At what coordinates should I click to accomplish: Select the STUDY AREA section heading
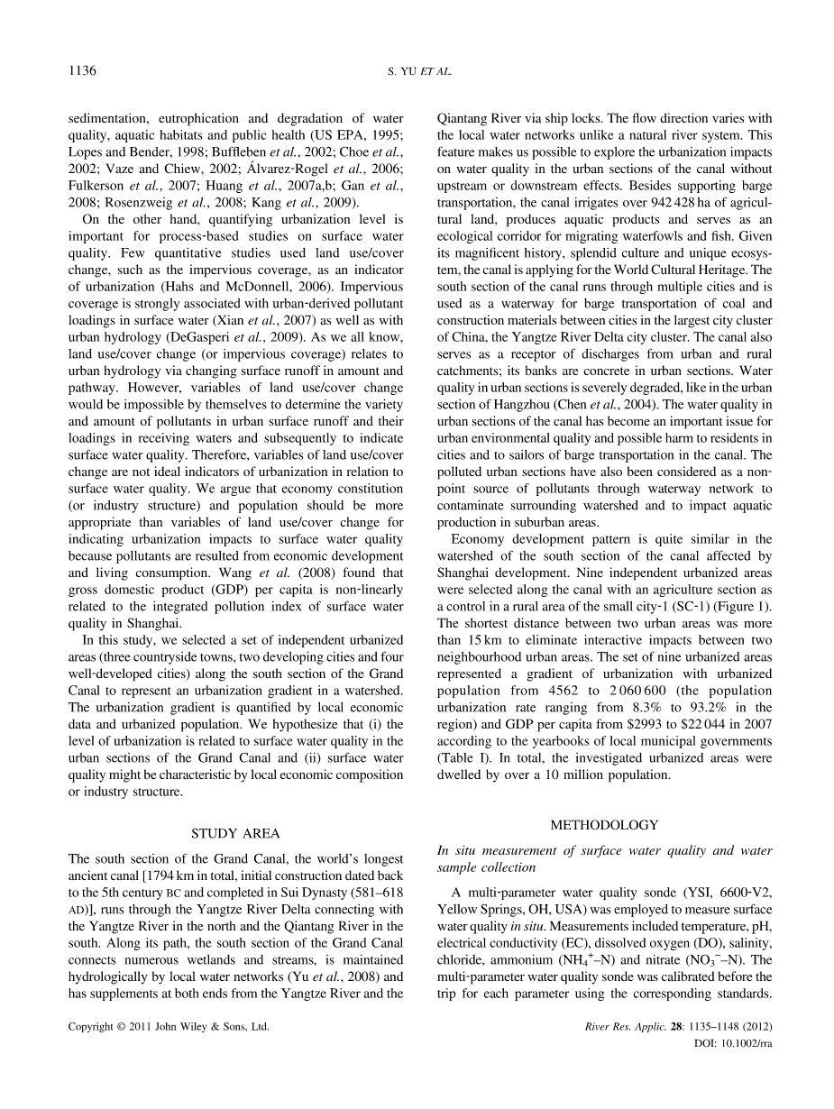click(x=234, y=833)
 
